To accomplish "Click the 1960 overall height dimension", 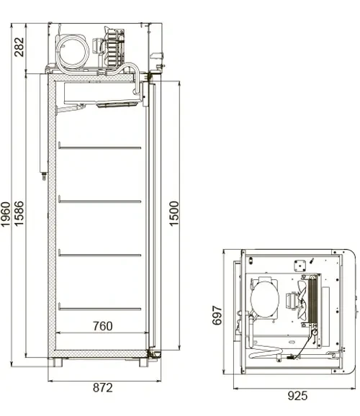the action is click(5, 214).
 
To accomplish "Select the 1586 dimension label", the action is click(19, 214).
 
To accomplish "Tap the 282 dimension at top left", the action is click(19, 47).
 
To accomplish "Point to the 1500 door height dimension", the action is click(174, 214).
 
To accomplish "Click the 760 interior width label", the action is click(103, 326).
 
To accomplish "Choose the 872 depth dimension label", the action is click(103, 388).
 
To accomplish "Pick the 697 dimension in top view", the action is click(217, 315).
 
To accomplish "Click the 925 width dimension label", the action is click(297, 396).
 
